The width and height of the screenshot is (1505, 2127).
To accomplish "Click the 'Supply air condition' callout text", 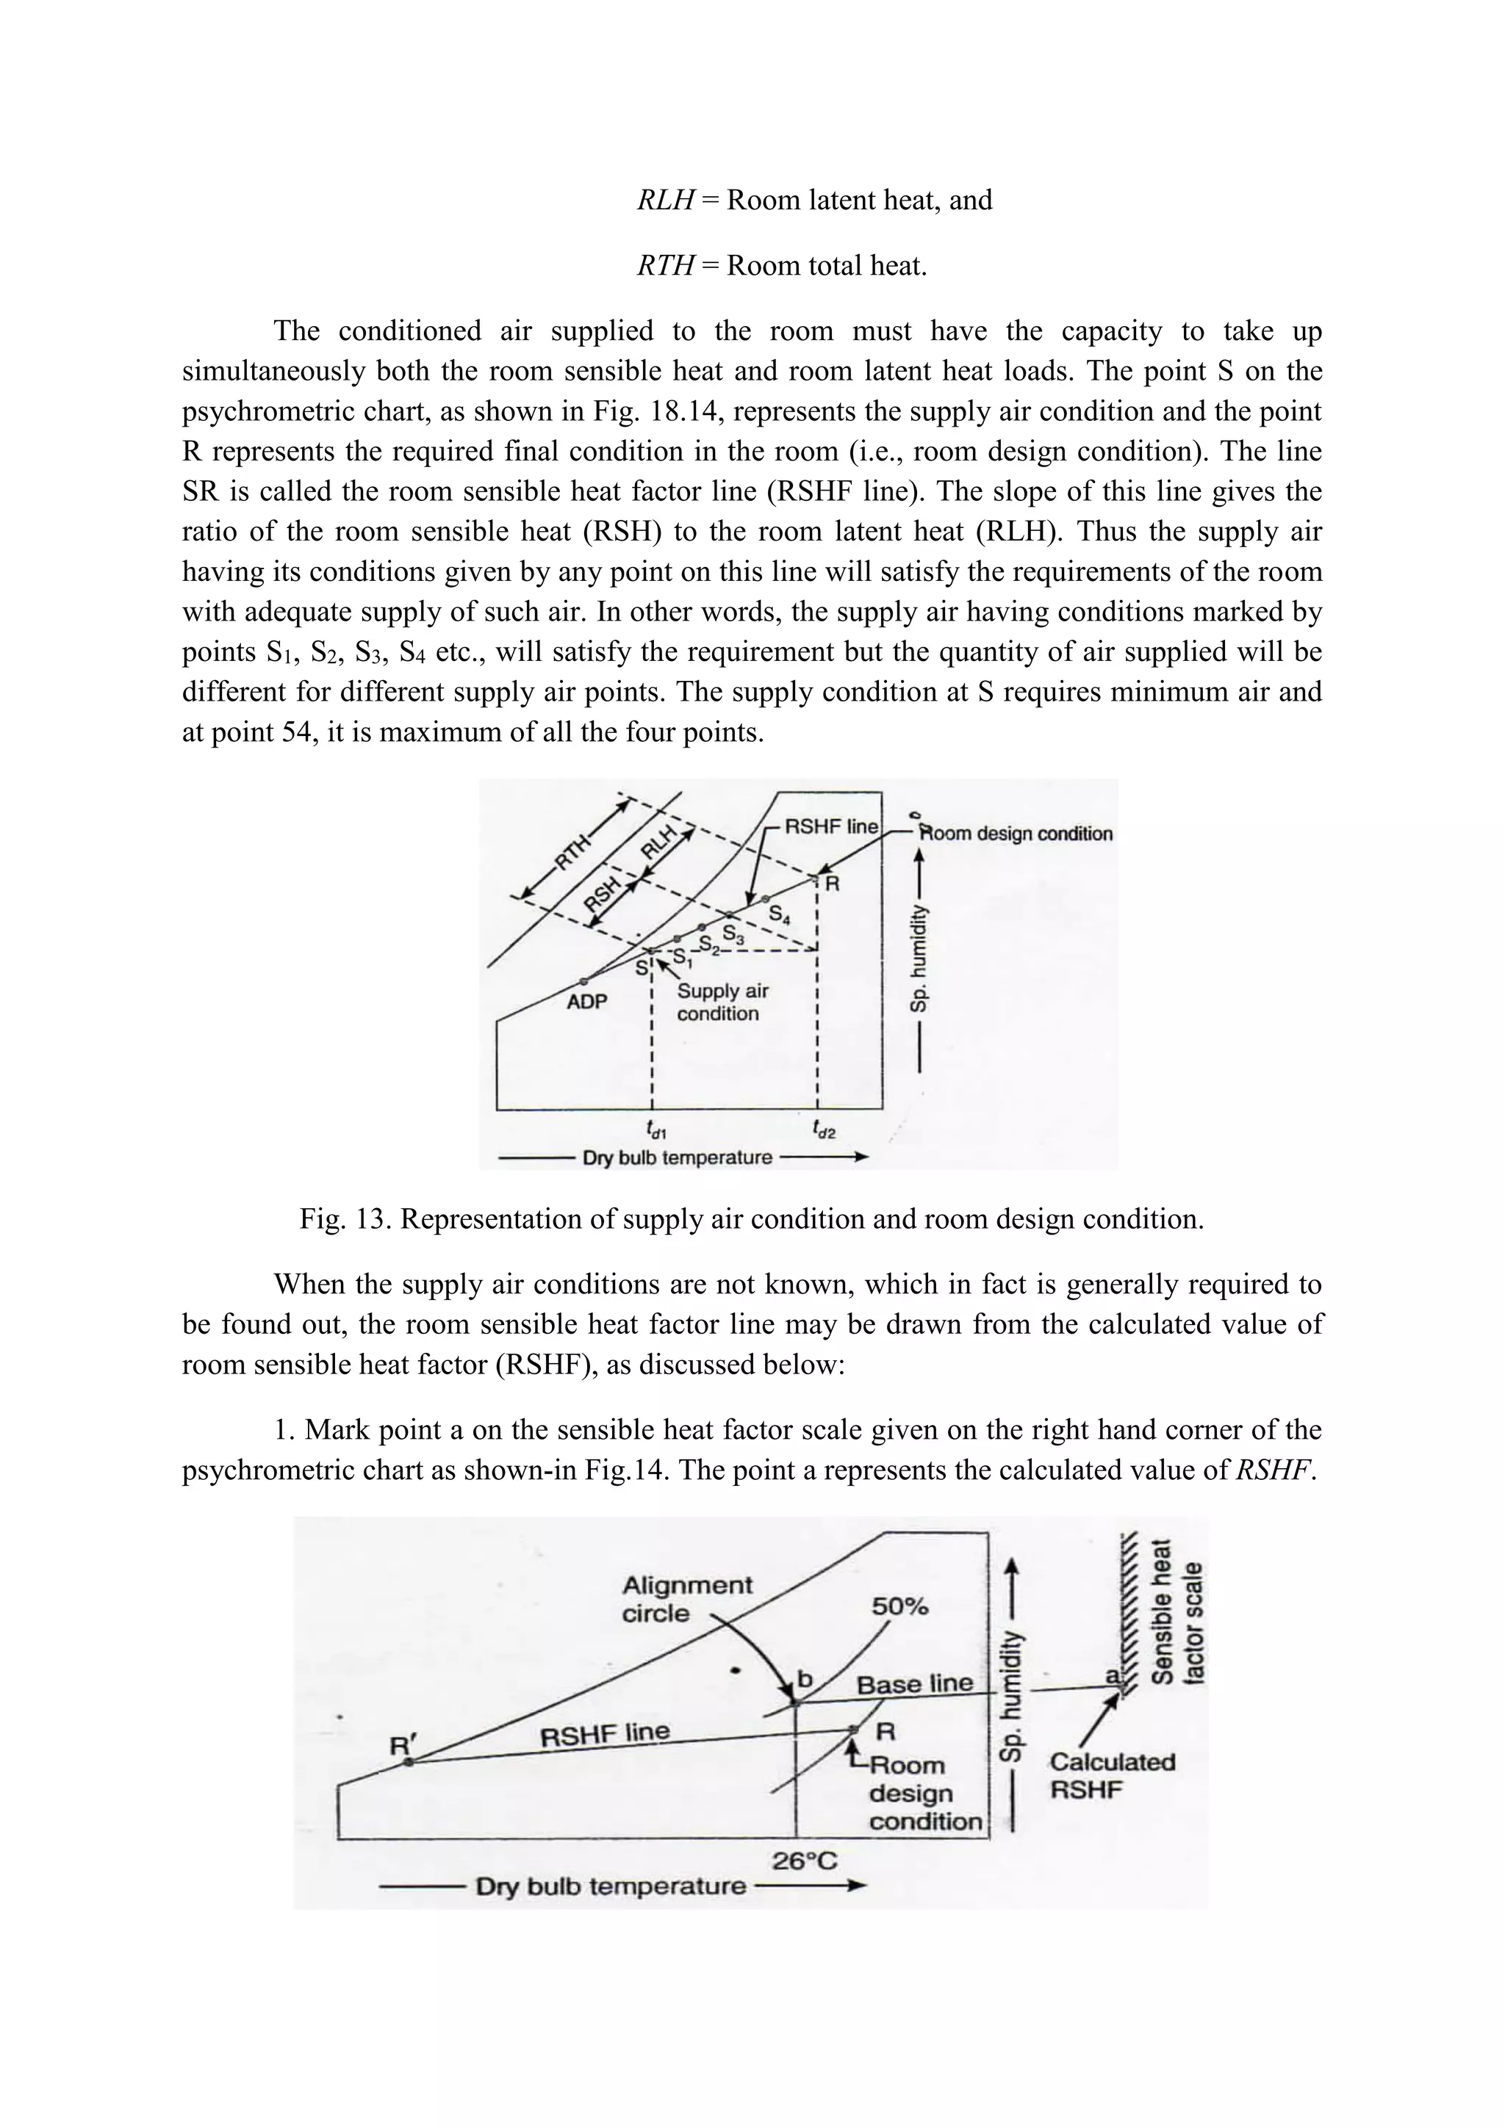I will [722, 1001].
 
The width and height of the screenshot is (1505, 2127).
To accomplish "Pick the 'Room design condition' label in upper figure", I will [1016, 833].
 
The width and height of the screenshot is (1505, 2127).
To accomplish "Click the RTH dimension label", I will [574, 851].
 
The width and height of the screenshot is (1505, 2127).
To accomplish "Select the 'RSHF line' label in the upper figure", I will [830, 826].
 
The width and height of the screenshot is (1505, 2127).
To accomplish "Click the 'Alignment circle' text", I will [686, 1599].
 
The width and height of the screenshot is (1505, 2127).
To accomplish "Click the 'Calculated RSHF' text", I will [1111, 1775].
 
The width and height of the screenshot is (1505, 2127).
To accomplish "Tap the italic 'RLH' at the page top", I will [665, 200].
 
